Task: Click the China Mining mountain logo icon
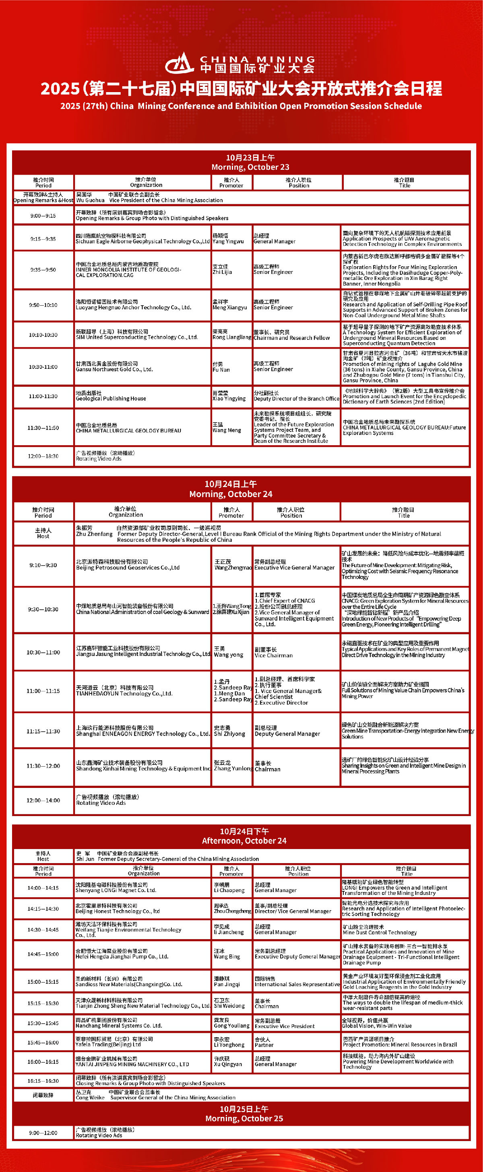click(x=180, y=63)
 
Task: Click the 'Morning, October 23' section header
click(x=250, y=162)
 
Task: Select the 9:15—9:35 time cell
click(x=43, y=239)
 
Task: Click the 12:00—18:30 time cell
click(x=43, y=456)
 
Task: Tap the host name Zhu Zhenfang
click(x=94, y=531)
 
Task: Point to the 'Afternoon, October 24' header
click(x=244, y=836)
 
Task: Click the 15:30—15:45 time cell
click(x=43, y=1023)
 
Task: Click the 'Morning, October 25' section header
click(x=244, y=1114)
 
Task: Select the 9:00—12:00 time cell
click(x=43, y=1133)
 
